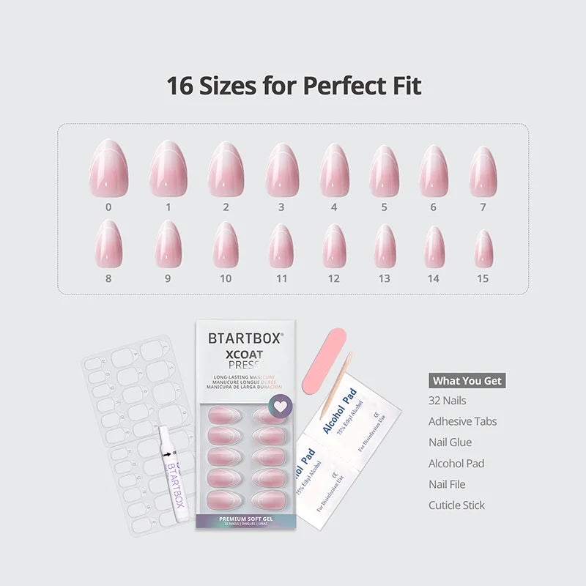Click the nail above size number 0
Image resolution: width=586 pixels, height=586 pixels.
tap(108, 168)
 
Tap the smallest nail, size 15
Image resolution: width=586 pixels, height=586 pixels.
tap(483, 249)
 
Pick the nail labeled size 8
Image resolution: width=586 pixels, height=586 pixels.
tap(108, 243)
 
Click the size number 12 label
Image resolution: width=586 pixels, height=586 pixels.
tap(334, 278)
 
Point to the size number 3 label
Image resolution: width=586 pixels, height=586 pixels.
tap(281, 207)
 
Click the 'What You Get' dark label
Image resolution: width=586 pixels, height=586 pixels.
tap(467, 380)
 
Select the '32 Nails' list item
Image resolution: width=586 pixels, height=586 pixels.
tap(448, 401)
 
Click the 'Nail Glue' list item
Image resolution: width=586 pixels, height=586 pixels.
tap(450, 442)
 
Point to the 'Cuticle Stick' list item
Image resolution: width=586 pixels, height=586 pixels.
tap(457, 505)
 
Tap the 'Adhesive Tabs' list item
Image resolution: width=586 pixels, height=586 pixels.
tap(463, 421)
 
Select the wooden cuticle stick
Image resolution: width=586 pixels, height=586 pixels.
tap(336, 385)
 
